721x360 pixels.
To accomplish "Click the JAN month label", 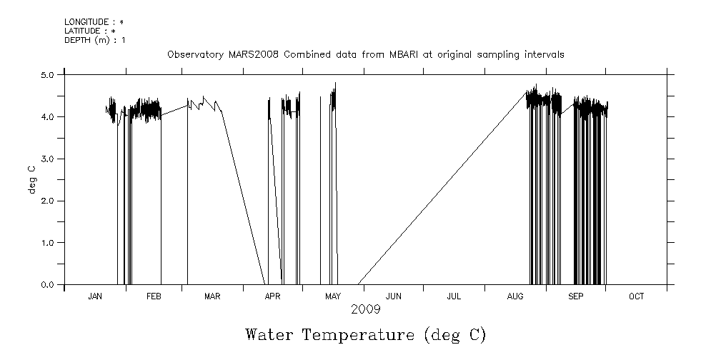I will [95, 296].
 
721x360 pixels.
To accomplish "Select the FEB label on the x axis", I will [154, 296].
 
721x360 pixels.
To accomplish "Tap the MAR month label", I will [212, 296].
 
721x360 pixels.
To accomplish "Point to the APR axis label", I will [272, 296].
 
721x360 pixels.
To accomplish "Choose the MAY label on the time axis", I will [332, 296].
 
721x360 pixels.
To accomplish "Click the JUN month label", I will [393, 296].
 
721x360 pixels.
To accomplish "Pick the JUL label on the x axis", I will [454, 296].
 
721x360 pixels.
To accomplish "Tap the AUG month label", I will [515, 296].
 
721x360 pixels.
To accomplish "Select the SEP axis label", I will [576, 296].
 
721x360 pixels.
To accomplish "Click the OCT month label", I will [636, 296].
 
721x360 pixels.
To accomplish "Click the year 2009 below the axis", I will [365, 309].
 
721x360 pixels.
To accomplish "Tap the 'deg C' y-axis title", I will [32, 179].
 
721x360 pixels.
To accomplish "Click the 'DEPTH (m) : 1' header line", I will [94, 39].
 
